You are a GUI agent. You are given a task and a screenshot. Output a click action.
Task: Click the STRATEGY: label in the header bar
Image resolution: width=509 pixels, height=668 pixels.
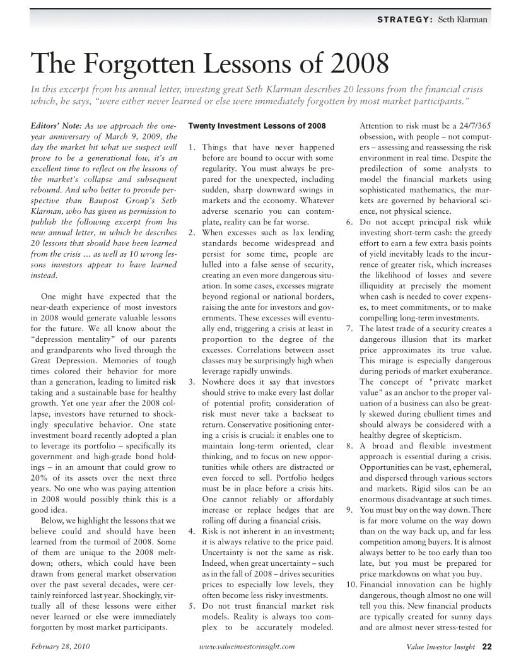(404, 20)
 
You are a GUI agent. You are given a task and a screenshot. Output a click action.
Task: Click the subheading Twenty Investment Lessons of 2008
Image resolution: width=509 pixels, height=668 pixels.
(257, 126)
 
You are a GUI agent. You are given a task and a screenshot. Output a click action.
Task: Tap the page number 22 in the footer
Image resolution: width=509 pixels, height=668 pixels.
(487, 646)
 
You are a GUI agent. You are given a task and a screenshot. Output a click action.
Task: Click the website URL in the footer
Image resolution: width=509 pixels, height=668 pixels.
(247, 647)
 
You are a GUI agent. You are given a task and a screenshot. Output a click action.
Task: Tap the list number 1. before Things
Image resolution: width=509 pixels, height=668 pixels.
(192, 148)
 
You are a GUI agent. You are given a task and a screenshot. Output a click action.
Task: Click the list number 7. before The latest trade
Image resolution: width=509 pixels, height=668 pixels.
(350, 329)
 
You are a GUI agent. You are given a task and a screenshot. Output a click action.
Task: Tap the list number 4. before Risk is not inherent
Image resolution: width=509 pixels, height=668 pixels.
(192, 531)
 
